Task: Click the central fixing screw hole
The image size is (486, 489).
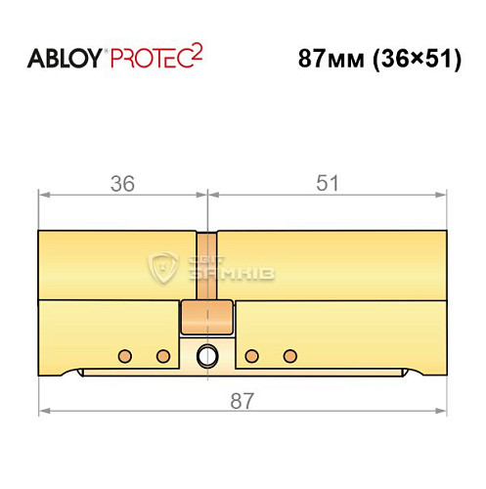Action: coord(207,354)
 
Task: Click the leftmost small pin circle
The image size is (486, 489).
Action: coord(125,354)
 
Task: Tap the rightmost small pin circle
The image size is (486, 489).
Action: coord(288,354)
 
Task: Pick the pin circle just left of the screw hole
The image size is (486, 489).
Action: coord(163,354)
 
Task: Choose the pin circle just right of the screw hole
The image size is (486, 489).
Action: coord(251,354)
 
